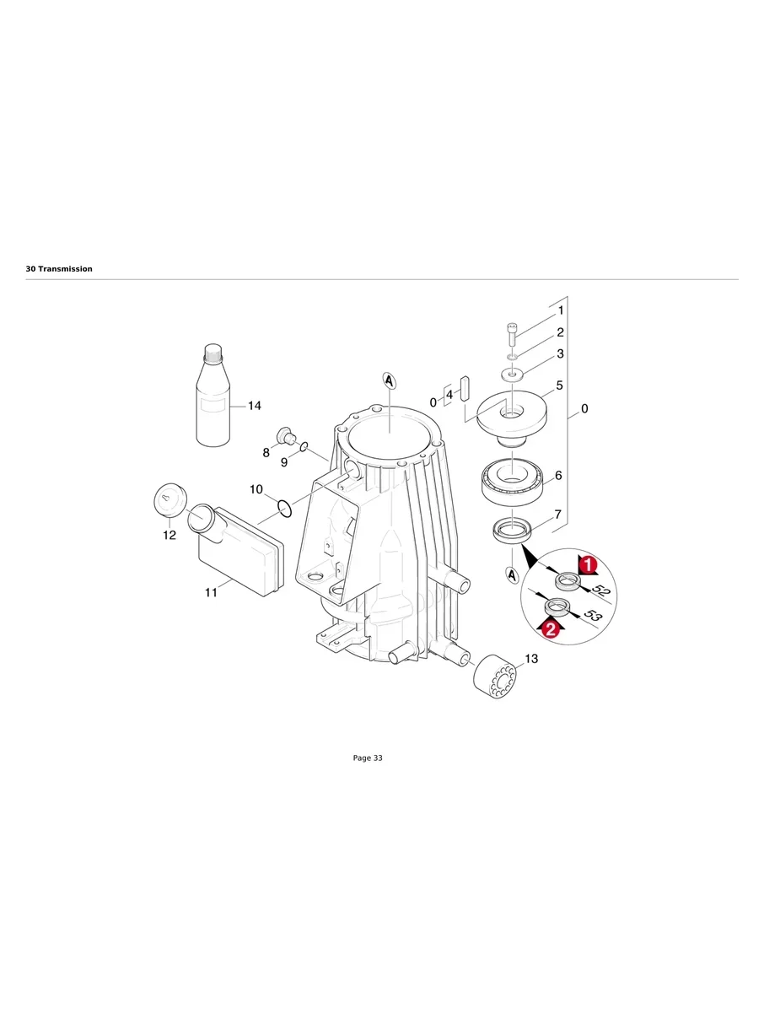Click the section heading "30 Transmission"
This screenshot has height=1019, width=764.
click(x=59, y=269)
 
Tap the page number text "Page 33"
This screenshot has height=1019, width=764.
click(x=368, y=758)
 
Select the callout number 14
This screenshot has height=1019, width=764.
click(x=253, y=406)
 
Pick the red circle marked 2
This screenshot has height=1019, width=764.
click(x=551, y=628)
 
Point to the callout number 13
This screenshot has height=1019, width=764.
click(x=531, y=659)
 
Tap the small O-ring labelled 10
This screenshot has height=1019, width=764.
click(x=285, y=508)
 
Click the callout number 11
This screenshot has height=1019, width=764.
click(x=211, y=593)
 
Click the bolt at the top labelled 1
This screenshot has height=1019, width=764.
click(x=513, y=334)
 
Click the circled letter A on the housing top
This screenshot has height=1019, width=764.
click(x=389, y=381)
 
